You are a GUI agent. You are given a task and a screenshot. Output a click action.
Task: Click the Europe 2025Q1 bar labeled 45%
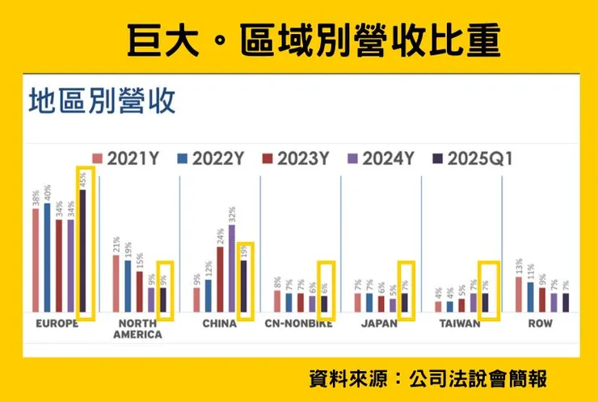(x=82, y=251)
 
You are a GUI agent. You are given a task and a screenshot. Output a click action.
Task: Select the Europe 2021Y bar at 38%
(x=36, y=260)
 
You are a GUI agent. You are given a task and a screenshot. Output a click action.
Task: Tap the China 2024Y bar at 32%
(x=232, y=269)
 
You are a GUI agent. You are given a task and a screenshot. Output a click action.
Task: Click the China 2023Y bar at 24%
(x=220, y=280)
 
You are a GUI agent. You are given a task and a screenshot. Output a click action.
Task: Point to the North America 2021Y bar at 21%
(x=116, y=283)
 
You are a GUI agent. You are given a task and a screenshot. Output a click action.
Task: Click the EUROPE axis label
(x=57, y=324)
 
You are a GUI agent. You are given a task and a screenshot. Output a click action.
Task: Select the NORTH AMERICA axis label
(x=137, y=328)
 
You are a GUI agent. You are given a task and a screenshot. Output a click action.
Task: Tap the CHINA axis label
(x=220, y=324)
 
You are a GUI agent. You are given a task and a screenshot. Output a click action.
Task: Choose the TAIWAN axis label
(x=461, y=324)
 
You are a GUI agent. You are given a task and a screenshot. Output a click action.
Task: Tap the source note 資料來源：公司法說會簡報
(x=428, y=378)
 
